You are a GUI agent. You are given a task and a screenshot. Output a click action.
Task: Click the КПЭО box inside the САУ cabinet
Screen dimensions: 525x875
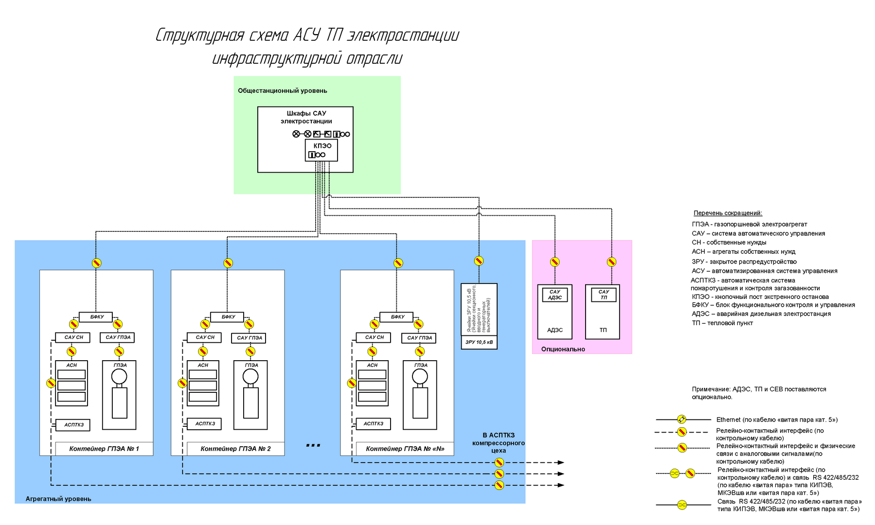tap(321, 146)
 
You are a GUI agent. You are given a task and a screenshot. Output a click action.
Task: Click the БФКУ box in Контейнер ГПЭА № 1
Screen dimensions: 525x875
tap(96, 317)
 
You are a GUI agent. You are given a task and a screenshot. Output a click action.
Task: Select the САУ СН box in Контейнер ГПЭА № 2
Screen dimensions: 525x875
tap(204, 337)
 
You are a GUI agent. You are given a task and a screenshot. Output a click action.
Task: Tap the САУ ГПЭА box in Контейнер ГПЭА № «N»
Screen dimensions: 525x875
tap(419, 338)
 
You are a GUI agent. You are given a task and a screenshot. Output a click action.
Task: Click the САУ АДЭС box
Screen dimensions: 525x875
tap(554, 295)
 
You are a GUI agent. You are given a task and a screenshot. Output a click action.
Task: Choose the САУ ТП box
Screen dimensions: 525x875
tap(603, 295)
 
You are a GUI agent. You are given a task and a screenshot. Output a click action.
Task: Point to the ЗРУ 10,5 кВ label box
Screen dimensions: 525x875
tap(479, 342)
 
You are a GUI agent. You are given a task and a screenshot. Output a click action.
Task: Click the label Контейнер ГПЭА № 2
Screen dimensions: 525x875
tap(235, 449)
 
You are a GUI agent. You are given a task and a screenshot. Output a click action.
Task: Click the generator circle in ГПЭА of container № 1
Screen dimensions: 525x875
tap(119, 376)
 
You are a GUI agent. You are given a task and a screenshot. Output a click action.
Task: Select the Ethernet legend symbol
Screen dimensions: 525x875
tap(682, 420)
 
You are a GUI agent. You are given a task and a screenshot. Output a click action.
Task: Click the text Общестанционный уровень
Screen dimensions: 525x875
tap(282, 91)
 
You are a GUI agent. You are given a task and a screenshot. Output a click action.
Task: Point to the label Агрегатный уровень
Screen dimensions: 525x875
tap(58, 499)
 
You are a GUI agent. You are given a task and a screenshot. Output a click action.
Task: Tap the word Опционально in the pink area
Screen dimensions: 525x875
tap(563, 349)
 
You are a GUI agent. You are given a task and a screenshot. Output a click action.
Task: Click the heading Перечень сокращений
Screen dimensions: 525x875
tap(728, 213)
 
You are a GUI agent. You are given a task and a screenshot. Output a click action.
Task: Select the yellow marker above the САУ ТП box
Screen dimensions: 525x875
tap(611, 262)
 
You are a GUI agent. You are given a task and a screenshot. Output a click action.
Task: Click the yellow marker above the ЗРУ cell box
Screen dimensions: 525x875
tap(479, 261)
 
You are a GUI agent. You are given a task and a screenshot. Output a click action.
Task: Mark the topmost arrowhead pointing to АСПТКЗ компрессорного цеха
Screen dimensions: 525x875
tap(561, 462)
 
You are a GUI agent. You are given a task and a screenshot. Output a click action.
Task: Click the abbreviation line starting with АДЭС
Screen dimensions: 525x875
tap(761, 314)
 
